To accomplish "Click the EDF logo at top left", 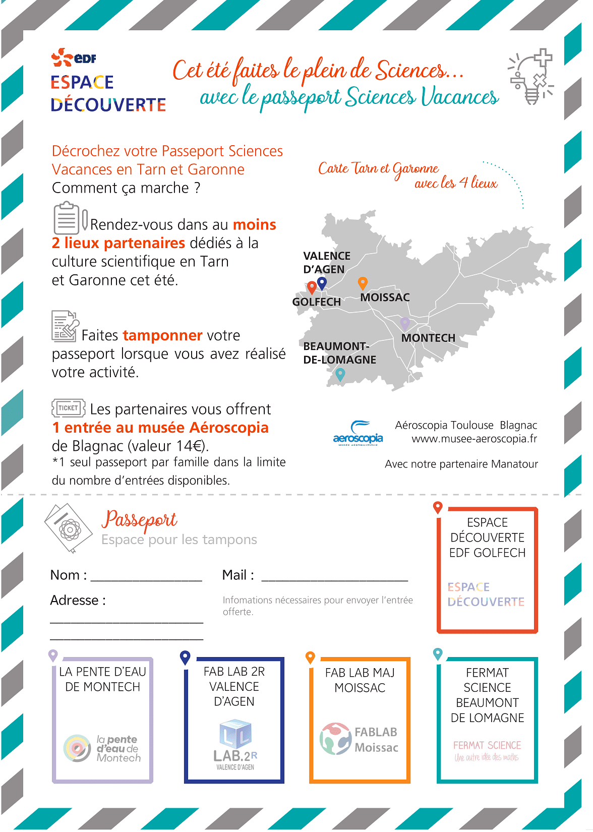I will coord(74,57).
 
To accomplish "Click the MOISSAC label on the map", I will coord(385,298).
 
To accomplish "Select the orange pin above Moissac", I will coord(362,283).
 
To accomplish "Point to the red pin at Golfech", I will coord(312,287).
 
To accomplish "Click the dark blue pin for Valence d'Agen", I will coord(322,283).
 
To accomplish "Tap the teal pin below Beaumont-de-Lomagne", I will coord(340,374).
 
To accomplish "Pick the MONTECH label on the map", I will coord(428,338).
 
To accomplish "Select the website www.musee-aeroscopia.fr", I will coord(474,439).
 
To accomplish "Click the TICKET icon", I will coord(68,408).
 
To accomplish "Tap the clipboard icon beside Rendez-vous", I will coord(67,218).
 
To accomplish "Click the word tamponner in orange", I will coord(162,335).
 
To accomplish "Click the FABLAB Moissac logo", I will coord(359,739).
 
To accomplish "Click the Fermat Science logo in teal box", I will coord(487,750).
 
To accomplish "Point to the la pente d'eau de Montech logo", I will coord(102,748).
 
